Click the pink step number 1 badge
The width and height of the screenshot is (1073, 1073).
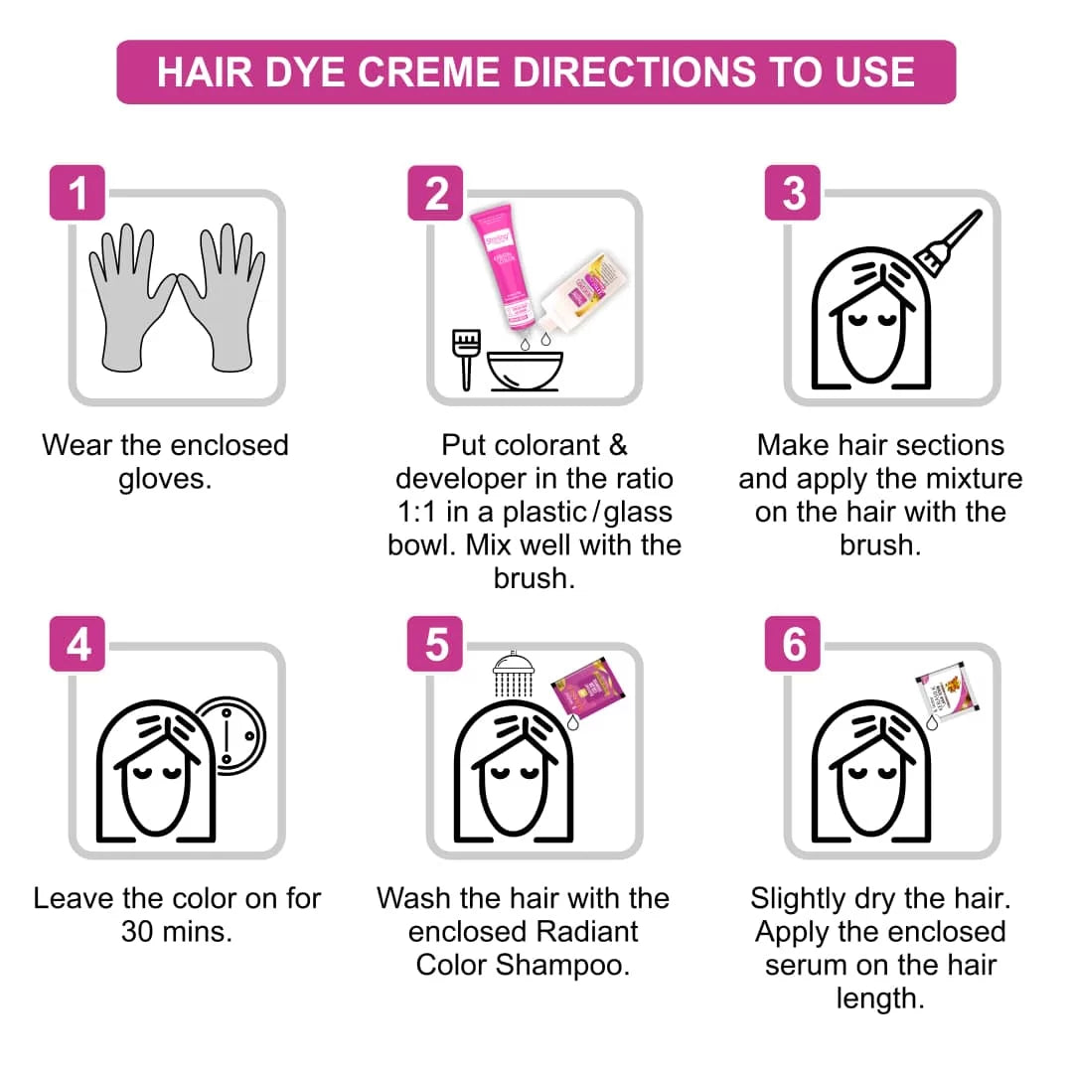pyautogui.click(x=77, y=193)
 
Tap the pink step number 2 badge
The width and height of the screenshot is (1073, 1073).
pyautogui.click(x=435, y=193)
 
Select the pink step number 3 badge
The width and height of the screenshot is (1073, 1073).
pyautogui.click(x=793, y=193)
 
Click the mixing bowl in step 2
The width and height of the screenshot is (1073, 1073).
pyautogui.click(x=525, y=370)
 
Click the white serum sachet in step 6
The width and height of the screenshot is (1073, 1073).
pyautogui.click(x=948, y=692)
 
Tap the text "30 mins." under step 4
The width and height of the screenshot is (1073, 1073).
pyautogui.click(x=177, y=932)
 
